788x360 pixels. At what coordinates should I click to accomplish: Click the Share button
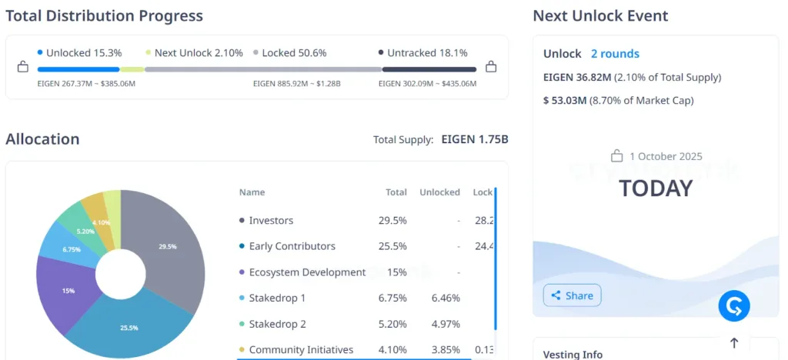pyautogui.click(x=572, y=295)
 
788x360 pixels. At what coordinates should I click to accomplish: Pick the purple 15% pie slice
pyautogui.click(x=68, y=291)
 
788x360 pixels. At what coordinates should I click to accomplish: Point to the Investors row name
pyautogui.click(x=271, y=221)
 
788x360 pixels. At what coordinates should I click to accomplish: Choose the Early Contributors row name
pyautogui.click(x=292, y=246)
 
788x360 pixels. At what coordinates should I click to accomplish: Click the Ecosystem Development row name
pyautogui.click(x=307, y=272)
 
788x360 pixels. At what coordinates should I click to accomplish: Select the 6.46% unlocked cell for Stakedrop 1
pyautogui.click(x=446, y=298)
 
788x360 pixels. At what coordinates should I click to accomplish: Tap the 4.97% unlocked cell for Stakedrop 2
pyautogui.click(x=446, y=324)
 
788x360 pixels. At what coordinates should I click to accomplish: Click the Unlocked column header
pyautogui.click(x=439, y=192)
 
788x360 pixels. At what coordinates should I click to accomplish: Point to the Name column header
pyautogui.click(x=252, y=192)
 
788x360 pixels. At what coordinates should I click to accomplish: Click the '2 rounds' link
pyautogui.click(x=615, y=54)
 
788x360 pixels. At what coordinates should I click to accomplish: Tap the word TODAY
pyautogui.click(x=656, y=188)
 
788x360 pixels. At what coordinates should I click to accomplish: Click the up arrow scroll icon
pyautogui.click(x=733, y=343)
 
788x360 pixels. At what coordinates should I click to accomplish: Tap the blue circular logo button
pyautogui.click(x=733, y=306)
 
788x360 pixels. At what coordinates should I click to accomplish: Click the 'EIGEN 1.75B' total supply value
pyautogui.click(x=474, y=140)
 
